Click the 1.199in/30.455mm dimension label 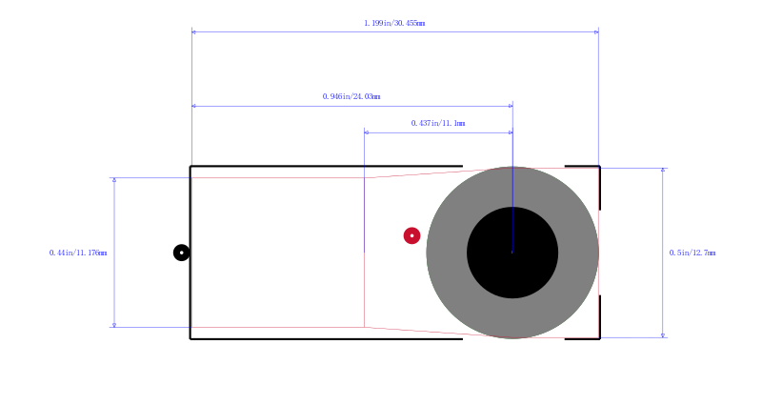pyautogui.click(x=394, y=23)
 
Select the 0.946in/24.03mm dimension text pyautogui.click(x=351, y=96)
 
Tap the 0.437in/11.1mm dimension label pyautogui.click(x=438, y=123)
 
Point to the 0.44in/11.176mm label pyautogui.click(x=78, y=253)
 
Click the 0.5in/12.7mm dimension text pyautogui.click(x=692, y=253)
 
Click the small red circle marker pyautogui.click(x=412, y=235)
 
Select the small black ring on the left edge pyautogui.click(x=182, y=253)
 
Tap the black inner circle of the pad pyautogui.click(x=512, y=253)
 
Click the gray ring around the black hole pyautogui.click(x=446, y=253)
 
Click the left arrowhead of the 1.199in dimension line pyautogui.click(x=194, y=32)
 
